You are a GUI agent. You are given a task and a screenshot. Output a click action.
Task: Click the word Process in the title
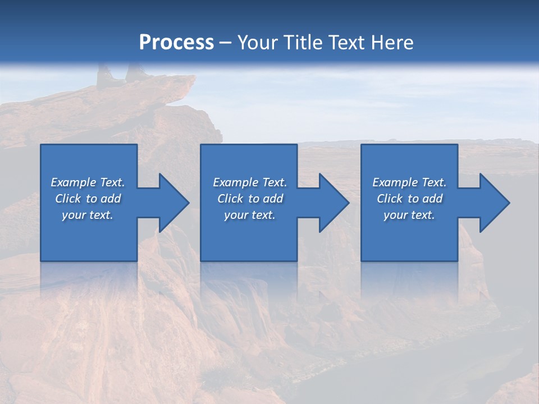(176, 43)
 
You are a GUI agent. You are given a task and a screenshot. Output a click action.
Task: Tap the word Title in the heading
(303, 43)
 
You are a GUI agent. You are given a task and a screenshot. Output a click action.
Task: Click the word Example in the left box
(73, 182)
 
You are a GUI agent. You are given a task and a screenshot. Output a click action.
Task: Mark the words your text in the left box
(88, 215)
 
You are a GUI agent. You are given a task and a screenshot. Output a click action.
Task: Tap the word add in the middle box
(272, 199)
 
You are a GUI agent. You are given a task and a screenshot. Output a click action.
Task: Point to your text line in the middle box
(249, 215)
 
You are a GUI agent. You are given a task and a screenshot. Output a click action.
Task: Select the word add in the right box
(432, 199)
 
